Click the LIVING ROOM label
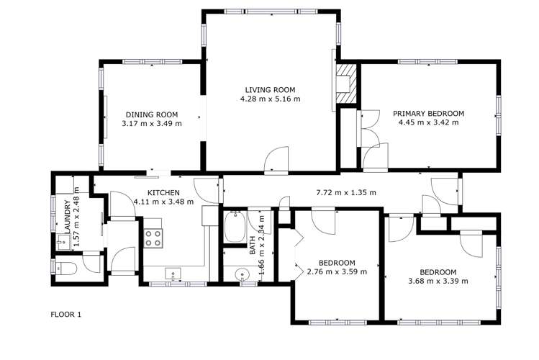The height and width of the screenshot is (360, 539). (x=270, y=89)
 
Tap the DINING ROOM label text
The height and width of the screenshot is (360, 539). (x=152, y=114)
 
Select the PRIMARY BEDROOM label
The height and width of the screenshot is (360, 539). (x=428, y=114)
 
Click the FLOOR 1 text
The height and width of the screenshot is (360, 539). (x=66, y=315)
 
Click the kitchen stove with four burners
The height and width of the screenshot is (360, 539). (x=153, y=238)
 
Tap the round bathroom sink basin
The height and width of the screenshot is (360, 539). (x=240, y=274)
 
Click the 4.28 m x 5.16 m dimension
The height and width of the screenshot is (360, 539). (x=270, y=99)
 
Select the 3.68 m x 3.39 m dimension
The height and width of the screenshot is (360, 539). (x=438, y=281)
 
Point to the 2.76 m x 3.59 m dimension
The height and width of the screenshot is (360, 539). (x=337, y=272)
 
